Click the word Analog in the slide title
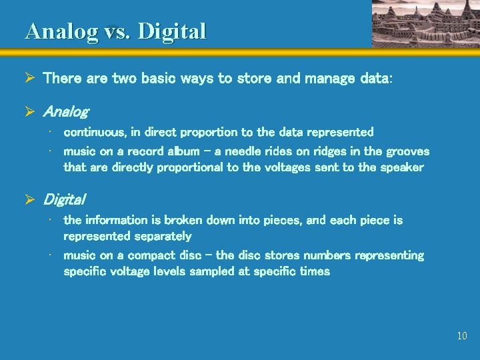61,31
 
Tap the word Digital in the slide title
172,31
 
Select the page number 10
462,336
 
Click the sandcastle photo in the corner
425,23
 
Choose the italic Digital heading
64,199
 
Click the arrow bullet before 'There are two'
29,78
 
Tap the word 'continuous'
91,133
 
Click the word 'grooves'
407,151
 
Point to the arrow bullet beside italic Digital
29,199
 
